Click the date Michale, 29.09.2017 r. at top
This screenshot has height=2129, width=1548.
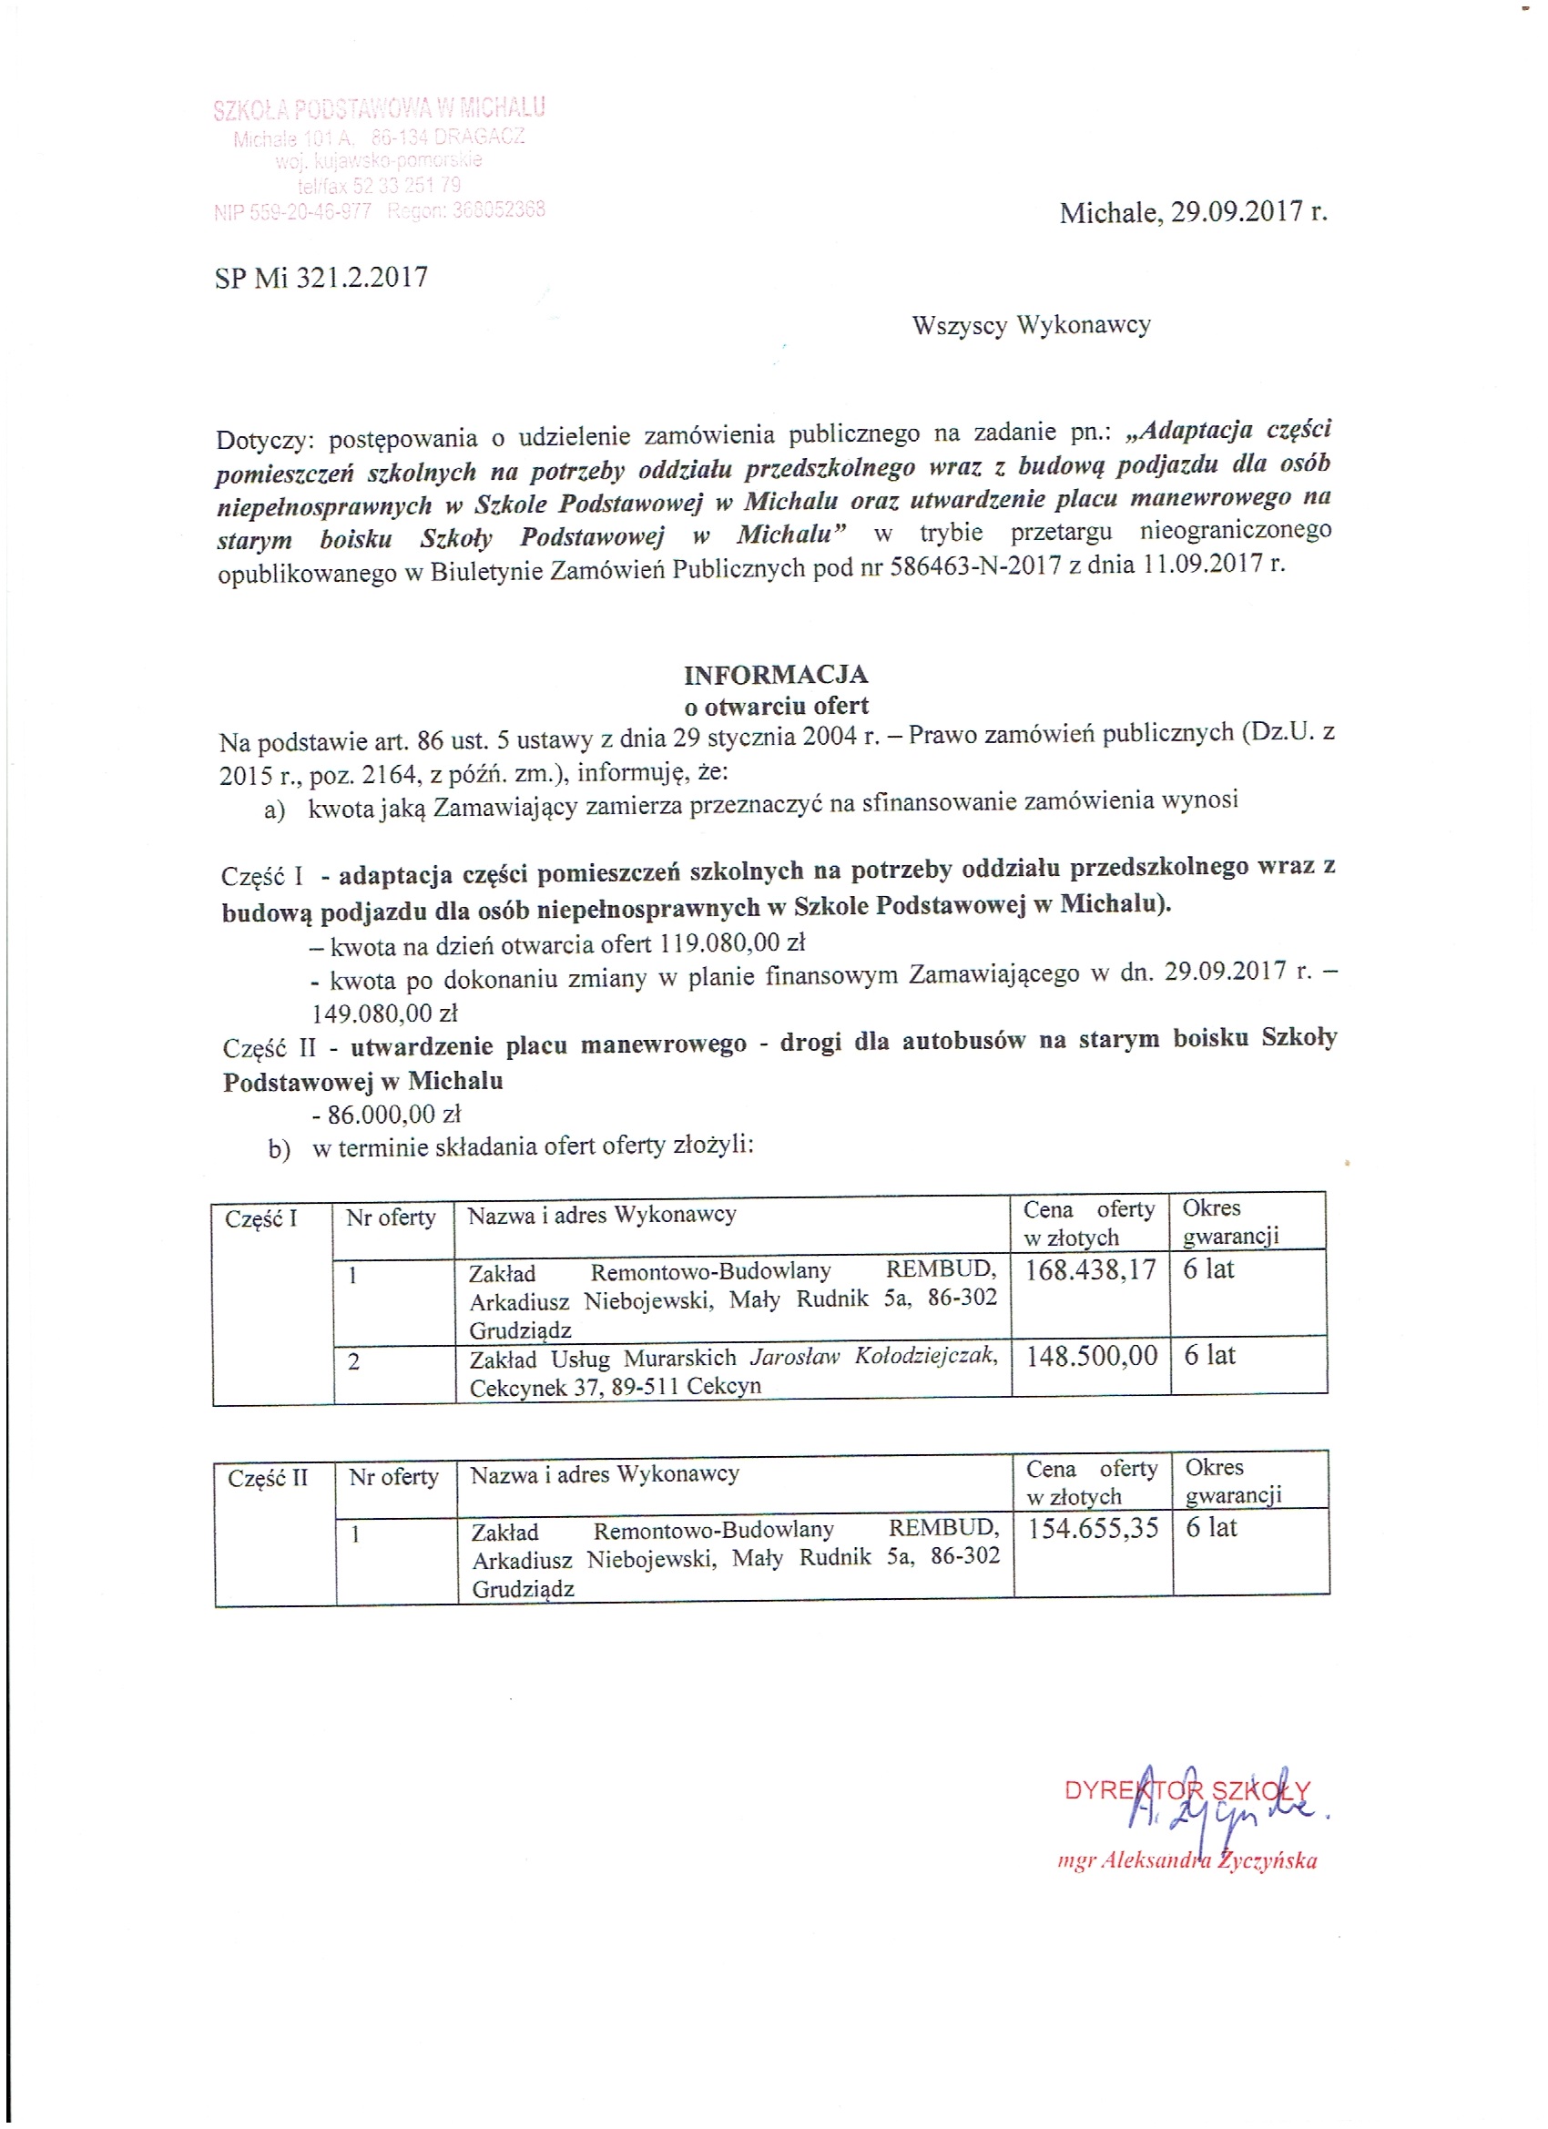(x=1192, y=213)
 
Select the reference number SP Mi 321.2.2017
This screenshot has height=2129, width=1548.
(x=321, y=278)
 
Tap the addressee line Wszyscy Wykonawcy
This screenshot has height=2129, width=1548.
(x=1031, y=326)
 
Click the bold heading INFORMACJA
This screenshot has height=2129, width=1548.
(x=776, y=675)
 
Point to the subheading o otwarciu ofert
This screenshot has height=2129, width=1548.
(x=776, y=706)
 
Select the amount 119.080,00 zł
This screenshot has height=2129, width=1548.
(x=732, y=943)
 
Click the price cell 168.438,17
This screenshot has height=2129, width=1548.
(x=1090, y=1271)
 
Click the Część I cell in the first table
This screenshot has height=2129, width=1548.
(x=261, y=1219)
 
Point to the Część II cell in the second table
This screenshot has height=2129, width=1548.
(x=268, y=1479)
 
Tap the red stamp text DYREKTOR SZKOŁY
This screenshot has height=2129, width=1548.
(x=1186, y=1790)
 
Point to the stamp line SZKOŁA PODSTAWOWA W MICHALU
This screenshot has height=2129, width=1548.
(x=378, y=110)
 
